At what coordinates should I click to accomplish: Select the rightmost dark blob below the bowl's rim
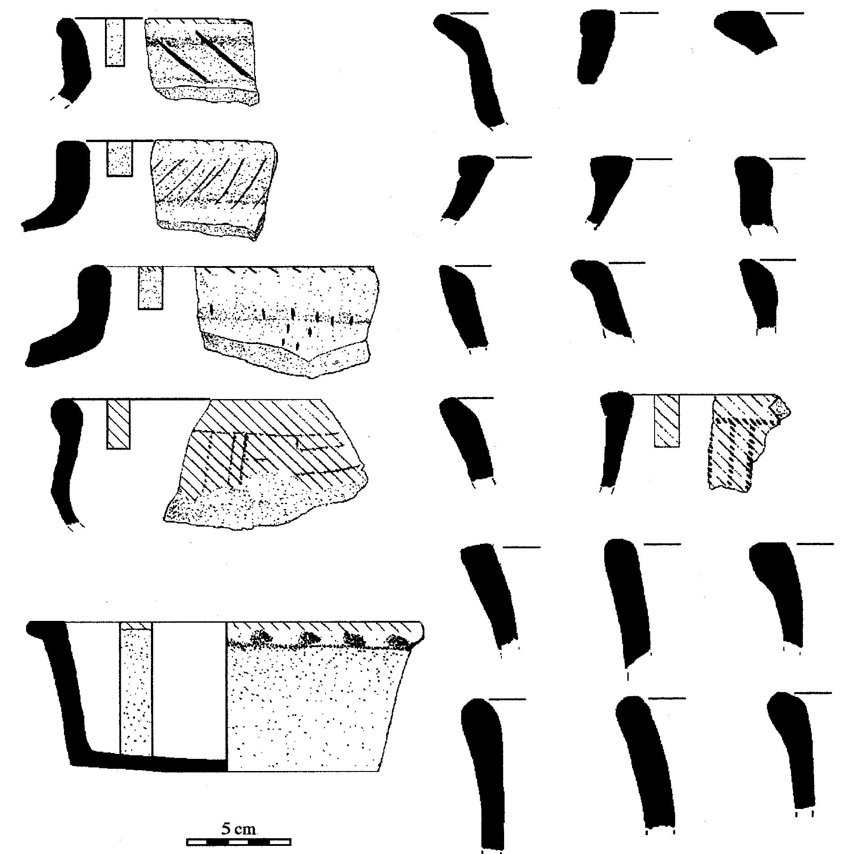(x=399, y=640)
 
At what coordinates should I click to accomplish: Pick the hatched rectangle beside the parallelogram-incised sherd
(x=118, y=424)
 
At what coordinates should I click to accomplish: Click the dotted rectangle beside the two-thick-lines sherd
(x=115, y=43)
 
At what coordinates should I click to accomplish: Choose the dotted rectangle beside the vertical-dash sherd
(x=150, y=288)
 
